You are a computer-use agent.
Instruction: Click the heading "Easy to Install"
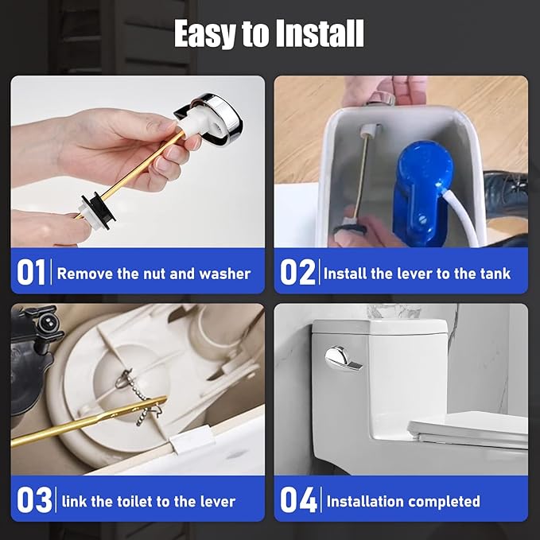pos(269,34)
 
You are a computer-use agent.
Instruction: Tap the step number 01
pos(32,273)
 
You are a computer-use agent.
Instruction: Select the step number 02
pos(298,273)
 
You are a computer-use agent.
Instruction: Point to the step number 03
pos(35,500)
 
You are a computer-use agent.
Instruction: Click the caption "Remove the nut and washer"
pos(153,274)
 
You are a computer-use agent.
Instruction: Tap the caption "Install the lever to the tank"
pos(417,274)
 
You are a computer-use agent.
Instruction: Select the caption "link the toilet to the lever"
pos(149,501)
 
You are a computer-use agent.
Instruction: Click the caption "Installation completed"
pos(403,501)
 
